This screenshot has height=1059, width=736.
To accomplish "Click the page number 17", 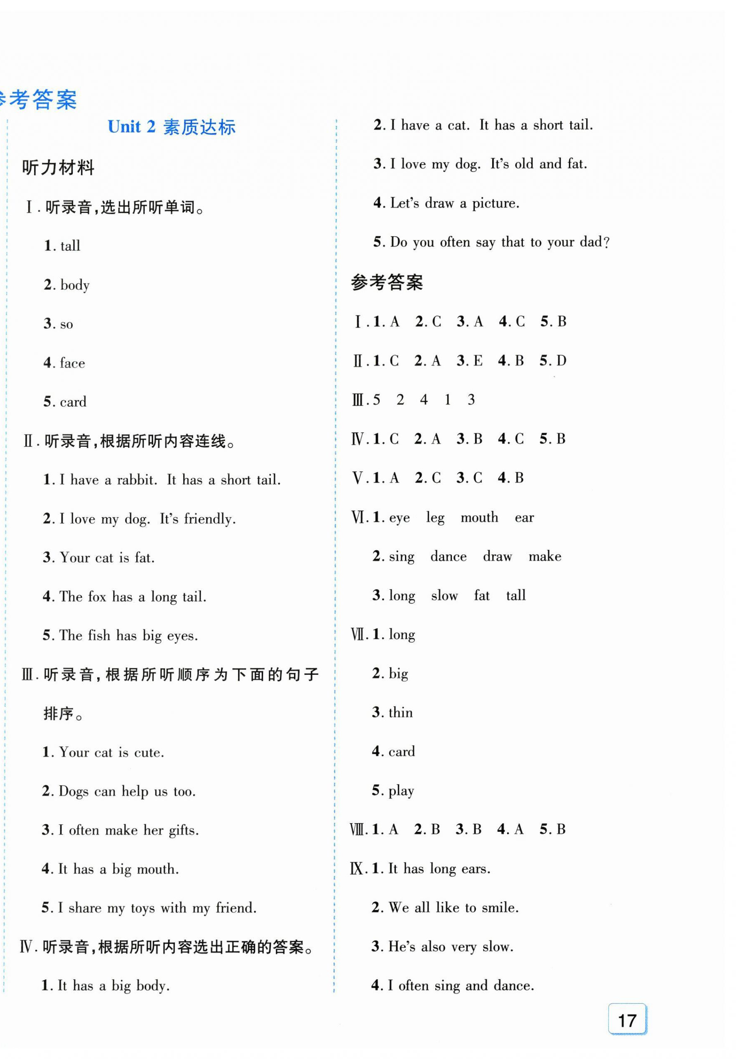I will pos(627,1020).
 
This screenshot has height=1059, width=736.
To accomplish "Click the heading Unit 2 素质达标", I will pos(172,127).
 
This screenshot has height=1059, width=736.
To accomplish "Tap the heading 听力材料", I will pos(58,167).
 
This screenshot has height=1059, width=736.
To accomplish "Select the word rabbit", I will pos(137,480).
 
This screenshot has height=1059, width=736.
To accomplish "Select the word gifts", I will pos(184,830).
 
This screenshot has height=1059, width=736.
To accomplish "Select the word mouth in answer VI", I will pos(479,517).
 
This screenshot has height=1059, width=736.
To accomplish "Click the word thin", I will pos(400,712).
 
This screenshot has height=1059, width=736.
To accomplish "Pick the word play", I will pos(401,791).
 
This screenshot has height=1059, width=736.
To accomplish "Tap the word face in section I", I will pos(72,363).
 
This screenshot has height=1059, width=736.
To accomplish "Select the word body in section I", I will pos(75,285).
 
